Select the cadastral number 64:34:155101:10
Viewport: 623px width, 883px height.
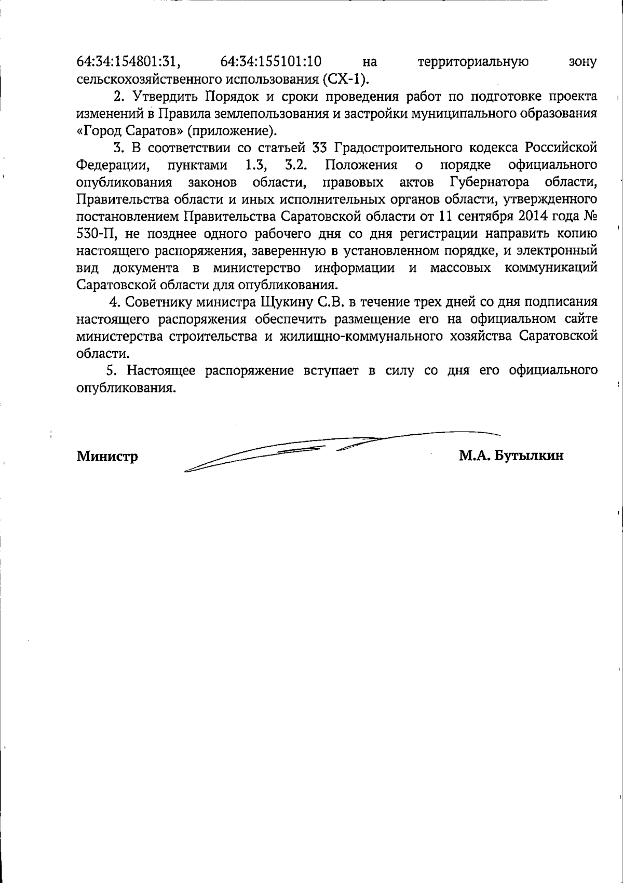coord(271,62)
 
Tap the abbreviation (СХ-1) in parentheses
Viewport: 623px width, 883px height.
coord(345,79)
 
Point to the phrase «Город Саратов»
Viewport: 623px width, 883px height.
coord(128,130)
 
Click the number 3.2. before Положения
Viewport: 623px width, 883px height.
coord(297,165)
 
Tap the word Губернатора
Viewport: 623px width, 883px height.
coord(487,182)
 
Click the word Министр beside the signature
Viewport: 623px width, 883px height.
coord(107,457)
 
